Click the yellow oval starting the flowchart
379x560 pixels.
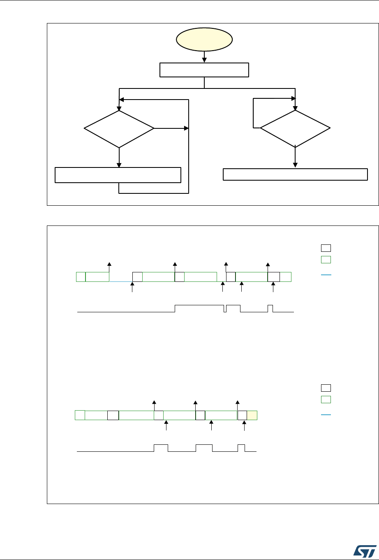pos(204,40)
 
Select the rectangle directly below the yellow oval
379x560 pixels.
pos(204,70)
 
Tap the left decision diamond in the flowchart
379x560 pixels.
pos(119,129)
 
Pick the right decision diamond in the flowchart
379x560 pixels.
pos(295,129)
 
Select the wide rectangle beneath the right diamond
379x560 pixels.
pos(295,174)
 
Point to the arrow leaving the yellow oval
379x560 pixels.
pos(204,57)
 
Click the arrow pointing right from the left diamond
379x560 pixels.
pos(171,129)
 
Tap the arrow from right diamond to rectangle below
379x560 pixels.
pos(295,158)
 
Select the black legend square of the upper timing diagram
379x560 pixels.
pos(326,248)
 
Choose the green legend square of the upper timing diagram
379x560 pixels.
pos(326,259)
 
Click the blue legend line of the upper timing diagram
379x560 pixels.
pos(326,274)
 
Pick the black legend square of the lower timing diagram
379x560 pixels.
pos(326,387)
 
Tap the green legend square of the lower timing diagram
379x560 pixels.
pos(326,399)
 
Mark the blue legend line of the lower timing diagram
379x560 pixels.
pos(326,414)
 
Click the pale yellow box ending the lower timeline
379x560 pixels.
pos(252,415)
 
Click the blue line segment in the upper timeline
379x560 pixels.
pos(120,281)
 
